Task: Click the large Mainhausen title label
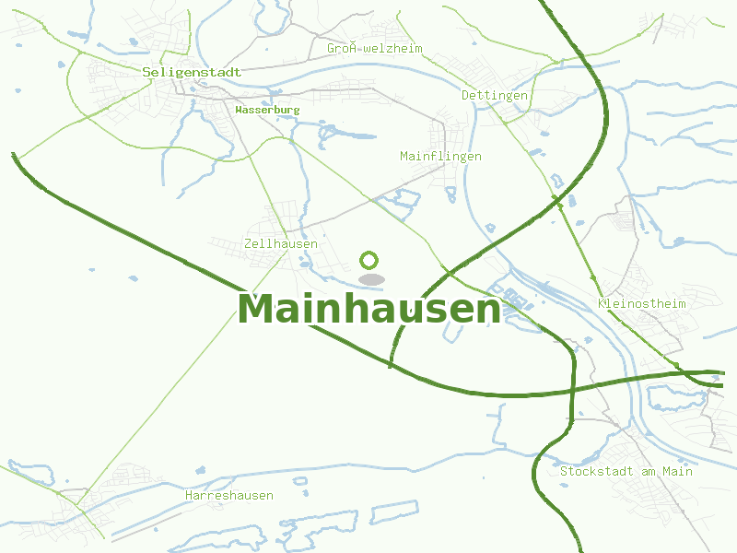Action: (368, 310)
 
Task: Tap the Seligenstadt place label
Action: (192, 72)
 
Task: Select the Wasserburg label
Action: (267, 110)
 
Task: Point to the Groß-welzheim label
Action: (374, 48)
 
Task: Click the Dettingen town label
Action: (495, 96)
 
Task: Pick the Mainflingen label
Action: (440, 157)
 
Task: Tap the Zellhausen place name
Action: (281, 244)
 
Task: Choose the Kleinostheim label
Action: (642, 304)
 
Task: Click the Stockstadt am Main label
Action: (626, 472)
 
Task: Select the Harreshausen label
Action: (228, 496)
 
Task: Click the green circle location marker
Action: (369, 260)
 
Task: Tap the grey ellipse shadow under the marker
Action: (370, 279)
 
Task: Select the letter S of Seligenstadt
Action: (146, 72)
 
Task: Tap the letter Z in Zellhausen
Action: (249, 244)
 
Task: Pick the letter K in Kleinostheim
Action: (602, 304)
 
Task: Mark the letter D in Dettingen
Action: (465, 96)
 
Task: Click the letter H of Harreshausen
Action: (189, 496)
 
